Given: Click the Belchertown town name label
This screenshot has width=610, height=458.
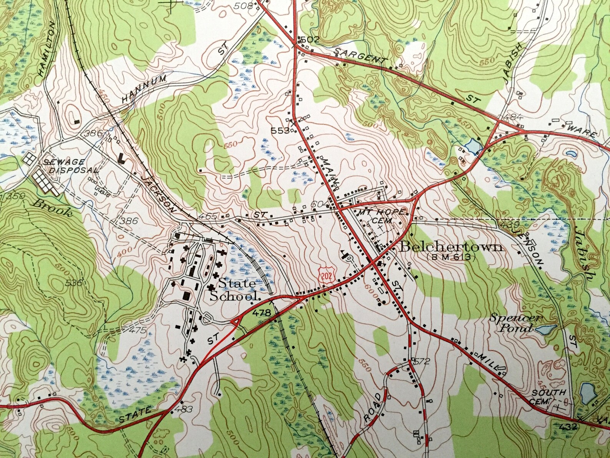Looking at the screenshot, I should click(451, 247).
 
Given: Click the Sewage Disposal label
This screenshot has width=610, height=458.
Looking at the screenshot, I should click(69, 166).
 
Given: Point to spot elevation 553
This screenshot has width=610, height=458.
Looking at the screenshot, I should click(282, 131).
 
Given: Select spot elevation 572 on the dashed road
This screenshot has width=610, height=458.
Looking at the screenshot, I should click(420, 361).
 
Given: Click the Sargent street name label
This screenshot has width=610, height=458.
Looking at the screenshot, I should click(359, 56).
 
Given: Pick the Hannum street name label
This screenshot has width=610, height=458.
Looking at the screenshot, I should click(144, 88).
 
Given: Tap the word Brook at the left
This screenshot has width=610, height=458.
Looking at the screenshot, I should click(54, 208).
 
